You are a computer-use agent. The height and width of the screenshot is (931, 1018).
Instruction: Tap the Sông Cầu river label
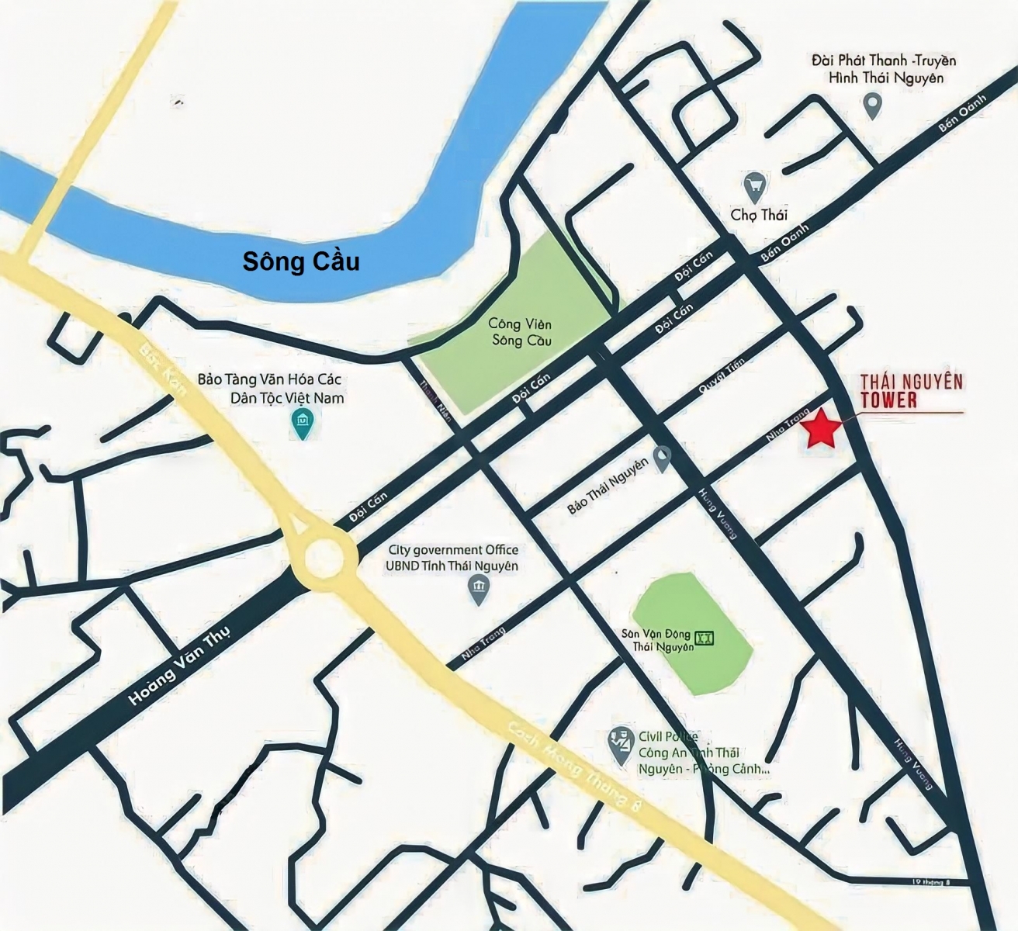point(301,261)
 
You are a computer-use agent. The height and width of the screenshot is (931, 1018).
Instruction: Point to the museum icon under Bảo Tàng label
point(300,424)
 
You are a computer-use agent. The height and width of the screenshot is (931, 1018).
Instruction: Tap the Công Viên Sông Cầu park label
point(520,332)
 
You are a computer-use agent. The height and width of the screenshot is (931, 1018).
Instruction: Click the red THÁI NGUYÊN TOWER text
point(911,390)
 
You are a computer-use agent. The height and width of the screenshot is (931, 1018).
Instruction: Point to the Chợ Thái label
point(758,214)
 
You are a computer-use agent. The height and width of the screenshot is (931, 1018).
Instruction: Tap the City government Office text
point(453,550)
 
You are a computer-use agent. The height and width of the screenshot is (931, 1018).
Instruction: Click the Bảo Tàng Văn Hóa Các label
point(269,380)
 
